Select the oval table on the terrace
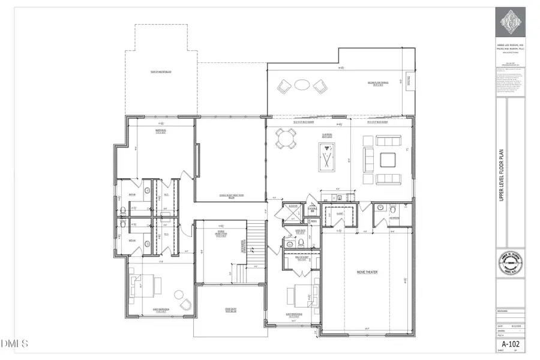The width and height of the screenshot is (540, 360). point(302,86)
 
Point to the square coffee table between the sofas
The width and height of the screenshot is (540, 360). point(386,160)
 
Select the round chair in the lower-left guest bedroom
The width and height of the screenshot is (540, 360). point(178,295)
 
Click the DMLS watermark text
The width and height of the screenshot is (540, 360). point(15,344)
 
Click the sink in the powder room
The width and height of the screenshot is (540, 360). point(379,208)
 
